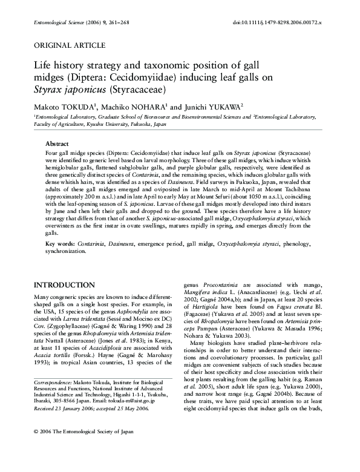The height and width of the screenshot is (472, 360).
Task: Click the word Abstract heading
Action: pos(57,144)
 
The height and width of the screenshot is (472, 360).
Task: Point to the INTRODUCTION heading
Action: pos(65,284)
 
